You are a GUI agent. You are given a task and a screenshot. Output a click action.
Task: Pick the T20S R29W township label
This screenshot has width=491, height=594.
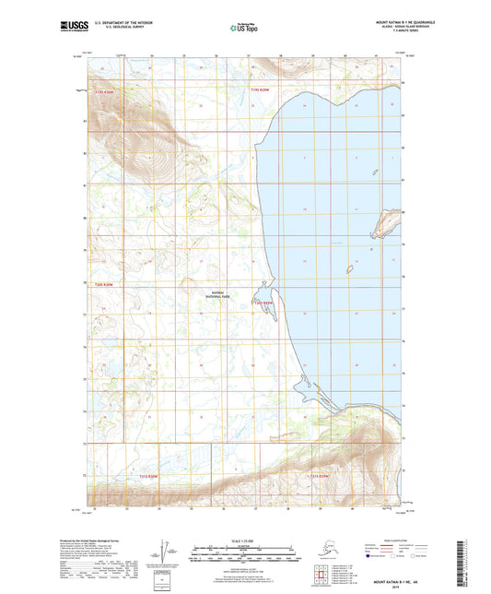(x=265, y=302)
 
